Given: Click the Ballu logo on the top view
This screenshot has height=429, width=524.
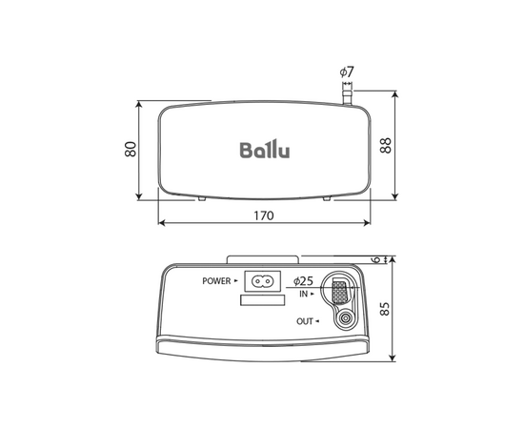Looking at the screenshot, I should [265, 151].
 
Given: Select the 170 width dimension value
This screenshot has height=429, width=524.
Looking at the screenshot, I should [264, 215].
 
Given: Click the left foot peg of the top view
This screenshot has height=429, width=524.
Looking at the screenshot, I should [202, 198].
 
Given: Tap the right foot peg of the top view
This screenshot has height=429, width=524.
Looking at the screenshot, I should [329, 198].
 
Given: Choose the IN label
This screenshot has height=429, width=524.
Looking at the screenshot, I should [304, 295].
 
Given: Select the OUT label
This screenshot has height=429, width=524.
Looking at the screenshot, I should [304, 320].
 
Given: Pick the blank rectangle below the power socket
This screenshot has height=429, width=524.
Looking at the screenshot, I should [262, 300].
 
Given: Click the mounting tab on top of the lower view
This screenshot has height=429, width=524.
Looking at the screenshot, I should [262, 258].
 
